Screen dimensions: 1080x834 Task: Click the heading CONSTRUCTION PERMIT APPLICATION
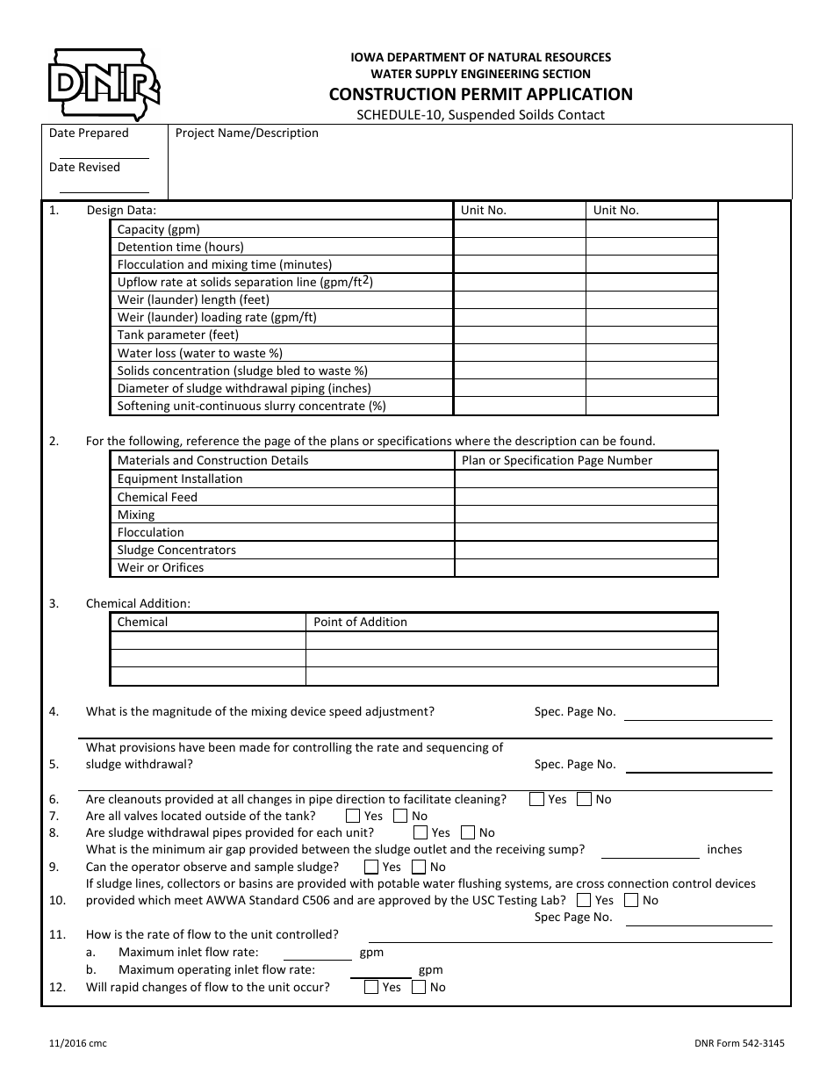click(x=480, y=94)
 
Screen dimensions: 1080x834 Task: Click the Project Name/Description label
click(x=247, y=133)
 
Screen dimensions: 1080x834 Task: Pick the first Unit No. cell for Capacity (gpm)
click(x=519, y=229)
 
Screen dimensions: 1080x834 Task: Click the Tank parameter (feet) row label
click(x=178, y=335)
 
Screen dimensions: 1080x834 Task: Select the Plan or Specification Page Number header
click(x=557, y=460)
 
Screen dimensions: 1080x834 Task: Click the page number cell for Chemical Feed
click(x=586, y=497)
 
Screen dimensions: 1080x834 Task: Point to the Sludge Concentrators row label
click(x=176, y=551)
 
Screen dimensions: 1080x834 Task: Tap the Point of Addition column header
click(x=360, y=622)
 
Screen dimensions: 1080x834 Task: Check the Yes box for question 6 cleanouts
click(x=536, y=799)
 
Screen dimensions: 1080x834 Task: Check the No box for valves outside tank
click(x=400, y=816)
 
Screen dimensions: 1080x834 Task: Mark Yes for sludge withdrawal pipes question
click(x=421, y=832)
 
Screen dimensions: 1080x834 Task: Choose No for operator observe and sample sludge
click(x=418, y=867)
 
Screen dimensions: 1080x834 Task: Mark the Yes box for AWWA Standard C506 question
click(x=584, y=900)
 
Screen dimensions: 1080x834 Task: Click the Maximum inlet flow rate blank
click(x=318, y=953)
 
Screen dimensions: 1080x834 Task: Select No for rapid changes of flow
click(x=419, y=987)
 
